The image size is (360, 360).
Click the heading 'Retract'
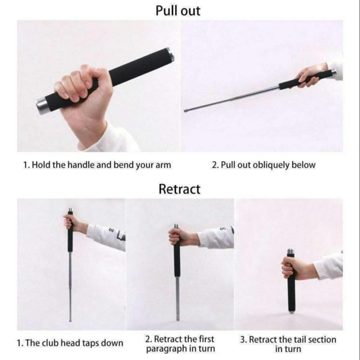[179, 189]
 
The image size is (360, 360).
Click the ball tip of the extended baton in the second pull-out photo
[185, 111]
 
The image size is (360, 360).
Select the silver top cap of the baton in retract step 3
[290, 252]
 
